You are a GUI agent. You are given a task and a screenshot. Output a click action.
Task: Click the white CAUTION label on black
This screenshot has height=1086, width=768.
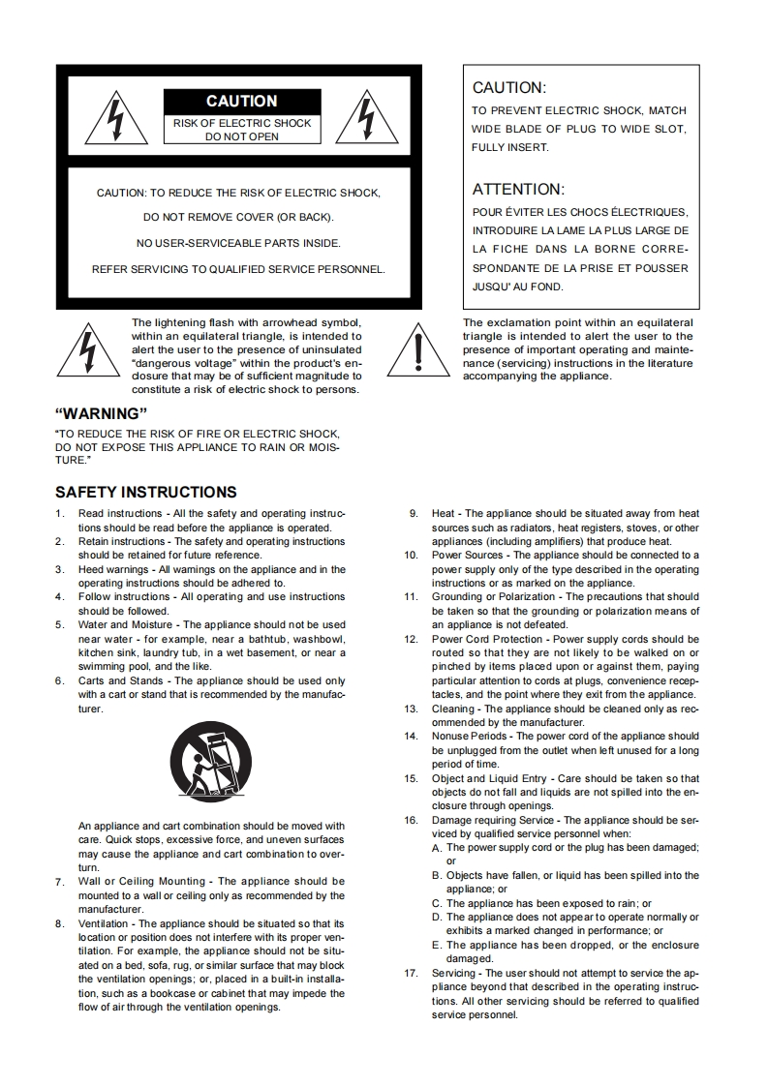click(x=242, y=102)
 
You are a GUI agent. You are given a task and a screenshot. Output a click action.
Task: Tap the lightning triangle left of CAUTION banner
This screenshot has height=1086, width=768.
click(x=115, y=119)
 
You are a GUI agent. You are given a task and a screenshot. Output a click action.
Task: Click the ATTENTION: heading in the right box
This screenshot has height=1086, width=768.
click(x=517, y=190)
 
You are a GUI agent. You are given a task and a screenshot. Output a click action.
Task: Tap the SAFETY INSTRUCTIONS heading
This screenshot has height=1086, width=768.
click(x=146, y=492)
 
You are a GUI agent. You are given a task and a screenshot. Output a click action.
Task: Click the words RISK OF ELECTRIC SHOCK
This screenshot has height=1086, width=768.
click(x=242, y=123)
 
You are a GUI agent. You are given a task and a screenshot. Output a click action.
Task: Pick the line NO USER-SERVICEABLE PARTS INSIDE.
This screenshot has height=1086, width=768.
click(x=238, y=243)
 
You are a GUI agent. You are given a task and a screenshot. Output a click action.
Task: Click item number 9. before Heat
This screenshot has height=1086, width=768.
click(x=414, y=513)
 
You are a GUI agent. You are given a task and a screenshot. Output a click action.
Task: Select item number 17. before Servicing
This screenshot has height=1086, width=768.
click(x=411, y=973)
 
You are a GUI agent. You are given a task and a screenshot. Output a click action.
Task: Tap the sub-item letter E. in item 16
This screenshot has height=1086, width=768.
click(x=438, y=945)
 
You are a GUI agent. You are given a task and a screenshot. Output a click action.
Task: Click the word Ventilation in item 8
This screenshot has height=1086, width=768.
click(x=104, y=923)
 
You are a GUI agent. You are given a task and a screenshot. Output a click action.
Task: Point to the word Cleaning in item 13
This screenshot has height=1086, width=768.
click(x=453, y=709)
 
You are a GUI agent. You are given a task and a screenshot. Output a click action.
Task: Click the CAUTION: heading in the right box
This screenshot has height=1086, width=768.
click(x=508, y=88)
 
